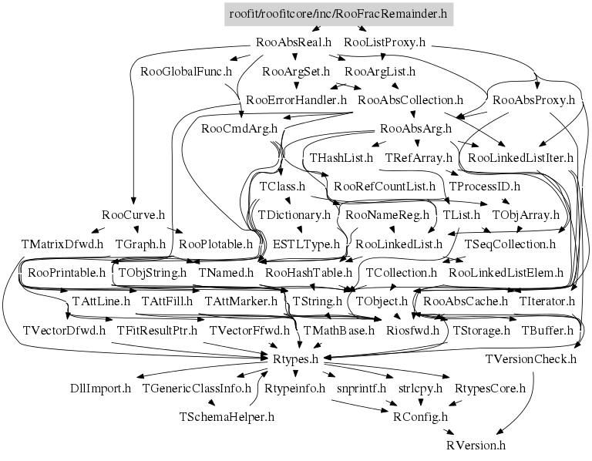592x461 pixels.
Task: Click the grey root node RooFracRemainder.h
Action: pyautogui.click(x=338, y=14)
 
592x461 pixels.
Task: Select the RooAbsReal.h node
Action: pyautogui.click(x=294, y=42)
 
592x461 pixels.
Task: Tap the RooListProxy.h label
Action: pyautogui.click(x=385, y=42)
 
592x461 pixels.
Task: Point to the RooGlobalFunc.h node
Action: pyautogui.click(x=186, y=72)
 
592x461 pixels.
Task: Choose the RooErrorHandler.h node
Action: pyautogui.click(x=296, y=100)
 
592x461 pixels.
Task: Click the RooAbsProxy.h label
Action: pyautogui.click(x=534, y=100)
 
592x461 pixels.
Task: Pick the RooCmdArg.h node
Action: pyautogui.click(x=240, y=129)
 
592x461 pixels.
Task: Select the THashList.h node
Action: pyautogui.click(x=341, y=158)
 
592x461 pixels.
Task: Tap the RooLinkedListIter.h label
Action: pyautogui.click(x=520, y=158)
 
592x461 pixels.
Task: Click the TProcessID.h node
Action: pyautogui.click(x=484, y=187)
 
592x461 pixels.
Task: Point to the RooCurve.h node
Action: pyautogui.click(x=133, y=215)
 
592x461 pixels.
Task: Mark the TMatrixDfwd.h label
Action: pyautogui.click(x=62, y=244)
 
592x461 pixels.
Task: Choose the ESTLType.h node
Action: pyautogui.click(x=306, y=244)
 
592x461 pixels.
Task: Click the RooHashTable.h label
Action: pyautogui.click(x=308, y=273)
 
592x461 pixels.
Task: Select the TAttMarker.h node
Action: pyautogui.click(x=240, y=301)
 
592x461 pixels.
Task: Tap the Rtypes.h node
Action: pyautogui.click(x=296, y=359)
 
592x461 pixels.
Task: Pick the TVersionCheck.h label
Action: pyautogui.click(x=531, y=359)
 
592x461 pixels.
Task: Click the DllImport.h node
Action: pyautogui.click(x=100, y=388)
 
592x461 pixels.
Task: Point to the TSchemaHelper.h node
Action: pyautogui.click(x=227, y=417)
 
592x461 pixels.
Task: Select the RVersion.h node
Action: pyautogui.click(x=476, y=446)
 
